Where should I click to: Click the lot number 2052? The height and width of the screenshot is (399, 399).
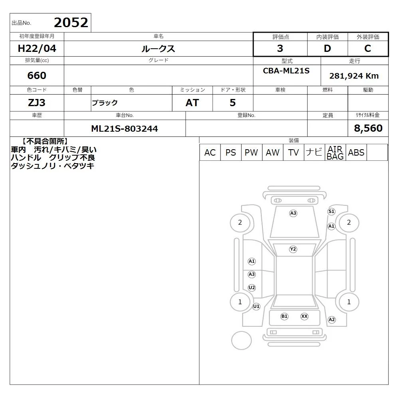click(71, 23)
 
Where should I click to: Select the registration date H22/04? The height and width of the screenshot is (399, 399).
click(37, 48)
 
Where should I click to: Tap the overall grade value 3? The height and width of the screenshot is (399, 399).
click(280, 48)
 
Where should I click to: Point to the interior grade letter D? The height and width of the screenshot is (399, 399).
click(327, 48)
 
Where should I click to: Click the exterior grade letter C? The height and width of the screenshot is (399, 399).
click(367, 48)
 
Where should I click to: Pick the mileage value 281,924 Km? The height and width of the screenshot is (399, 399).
click(354, 76)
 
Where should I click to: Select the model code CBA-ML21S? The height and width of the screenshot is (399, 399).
click(286, 71)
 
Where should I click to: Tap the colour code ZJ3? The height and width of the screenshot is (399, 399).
click(37, 103)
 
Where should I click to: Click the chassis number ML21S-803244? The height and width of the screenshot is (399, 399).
click(124, 128)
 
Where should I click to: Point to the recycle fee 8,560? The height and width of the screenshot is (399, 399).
click(368, 128)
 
